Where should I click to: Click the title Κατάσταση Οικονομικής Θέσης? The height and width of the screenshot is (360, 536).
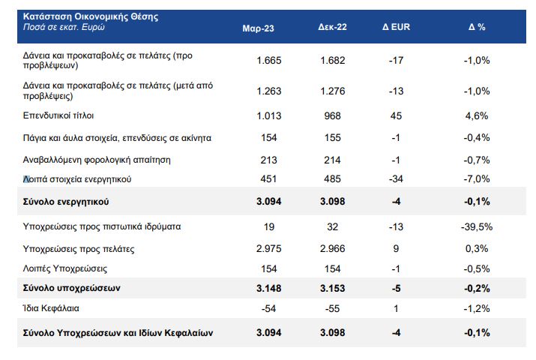point(91,16)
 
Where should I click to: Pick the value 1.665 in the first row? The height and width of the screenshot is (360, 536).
point(268,60)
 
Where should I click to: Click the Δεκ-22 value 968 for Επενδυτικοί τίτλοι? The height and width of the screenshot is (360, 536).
point(331,115)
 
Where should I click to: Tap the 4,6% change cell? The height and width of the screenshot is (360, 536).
point(478,115)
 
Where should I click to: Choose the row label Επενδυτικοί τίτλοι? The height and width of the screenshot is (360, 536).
point(59,116)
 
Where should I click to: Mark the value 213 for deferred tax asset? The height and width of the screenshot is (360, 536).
point(268,160)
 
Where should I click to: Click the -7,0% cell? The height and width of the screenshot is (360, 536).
point(478,178)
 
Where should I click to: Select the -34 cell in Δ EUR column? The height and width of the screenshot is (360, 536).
point(397,178)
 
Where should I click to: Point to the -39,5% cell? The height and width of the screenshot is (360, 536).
point(475,227)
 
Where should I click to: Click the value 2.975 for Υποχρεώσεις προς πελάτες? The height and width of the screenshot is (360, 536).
point(268,248)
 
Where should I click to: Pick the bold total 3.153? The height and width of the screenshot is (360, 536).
point(331,287)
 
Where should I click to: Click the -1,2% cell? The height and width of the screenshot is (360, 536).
point(478,308)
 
